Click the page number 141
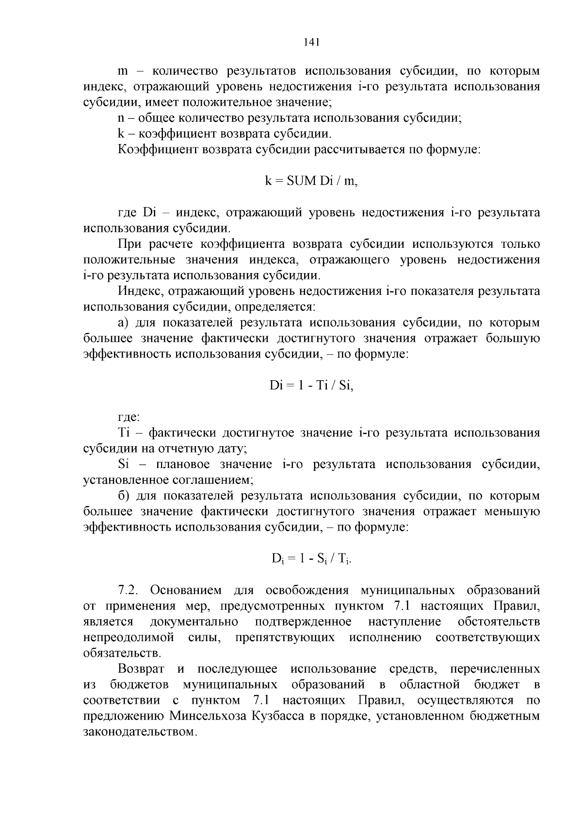(311, 42)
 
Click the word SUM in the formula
(302, 181)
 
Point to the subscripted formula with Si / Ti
(311, 559)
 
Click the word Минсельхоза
(209, 716)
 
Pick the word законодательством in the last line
(140, 731)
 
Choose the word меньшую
(512, 512)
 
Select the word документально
(194, 622)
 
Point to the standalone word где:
(129, 417)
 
